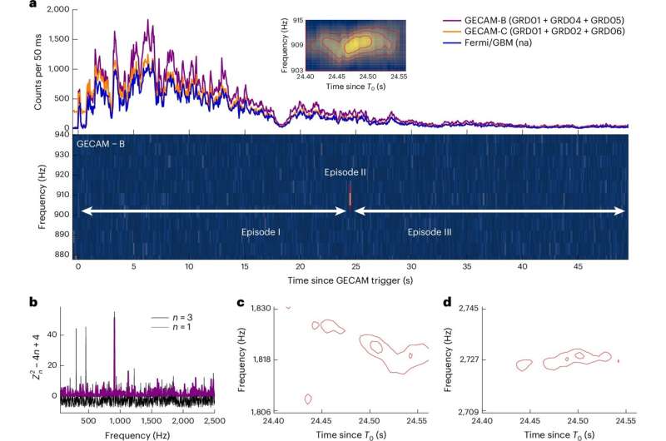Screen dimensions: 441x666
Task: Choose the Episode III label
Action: [x=430, y=232]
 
